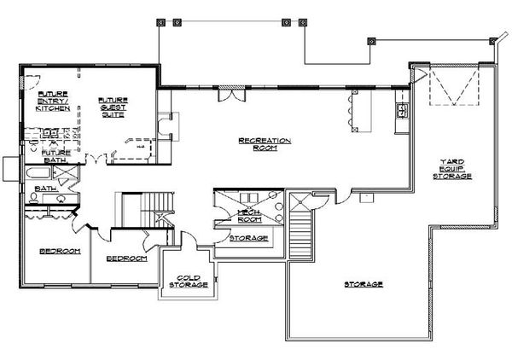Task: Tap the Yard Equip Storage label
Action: coord(457,168)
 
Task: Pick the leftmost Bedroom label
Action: coord(59,252)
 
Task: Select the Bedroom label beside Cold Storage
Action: coord(126,258)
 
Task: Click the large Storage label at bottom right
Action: coord(363,284)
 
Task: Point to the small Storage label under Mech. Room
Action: coord(249,238)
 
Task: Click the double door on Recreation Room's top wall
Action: coord(230,93)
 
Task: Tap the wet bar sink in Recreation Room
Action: coord(400,111)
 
